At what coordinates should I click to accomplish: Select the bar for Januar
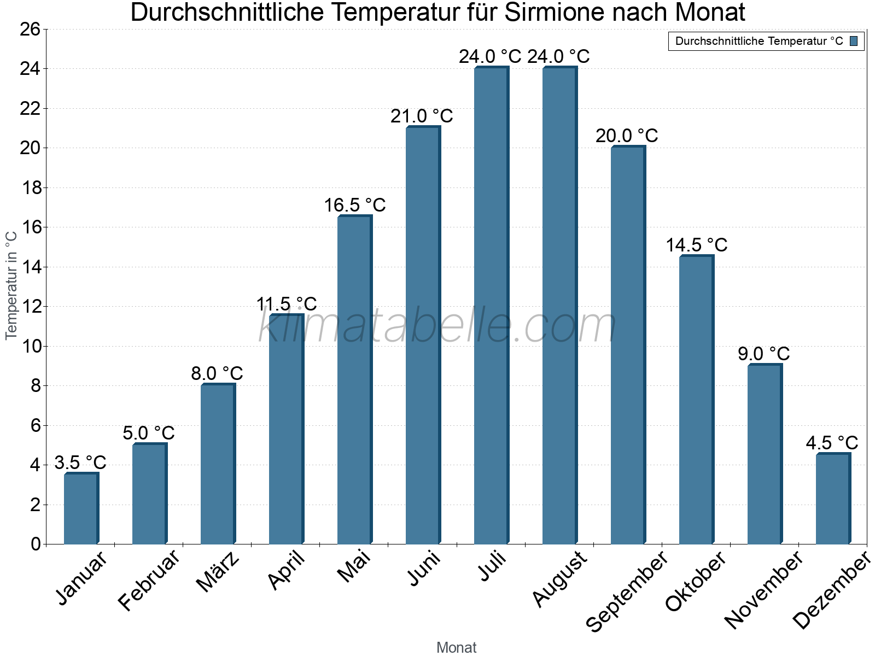(81, 508)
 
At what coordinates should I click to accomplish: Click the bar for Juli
(491, 306)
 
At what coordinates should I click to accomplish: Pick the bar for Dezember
(833, 499)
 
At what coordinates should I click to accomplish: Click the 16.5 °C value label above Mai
(355, 205)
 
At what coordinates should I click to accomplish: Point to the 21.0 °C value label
(422, 116)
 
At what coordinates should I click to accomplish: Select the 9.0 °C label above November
(763, 354)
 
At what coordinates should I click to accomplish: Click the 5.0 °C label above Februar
(148, 433)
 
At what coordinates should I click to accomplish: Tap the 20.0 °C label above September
(627, 136)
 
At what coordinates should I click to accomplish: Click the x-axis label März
(218, 572)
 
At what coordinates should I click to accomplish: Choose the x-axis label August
(559, 579)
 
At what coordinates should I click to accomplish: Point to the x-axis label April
(287, 571)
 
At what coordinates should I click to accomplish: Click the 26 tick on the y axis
(31, 29)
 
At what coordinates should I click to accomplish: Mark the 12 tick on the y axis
(31, 307)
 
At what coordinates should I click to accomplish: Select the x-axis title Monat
(456, 647)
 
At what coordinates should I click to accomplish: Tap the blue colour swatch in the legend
(854, 41)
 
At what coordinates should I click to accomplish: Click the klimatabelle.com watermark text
(437, 326)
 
